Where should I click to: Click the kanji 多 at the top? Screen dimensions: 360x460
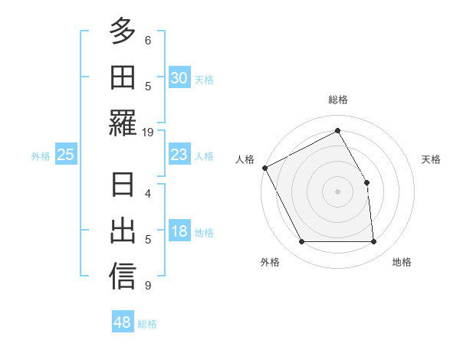tap(123, 32)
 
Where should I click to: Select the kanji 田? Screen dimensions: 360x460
tap(123, 77)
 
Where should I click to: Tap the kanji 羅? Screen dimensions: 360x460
tap(123, 123)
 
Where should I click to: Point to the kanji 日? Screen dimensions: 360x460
tap(123, 185)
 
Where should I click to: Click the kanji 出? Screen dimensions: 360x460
tap(123, 231)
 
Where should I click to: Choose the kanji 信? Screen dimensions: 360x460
tap(123, 276)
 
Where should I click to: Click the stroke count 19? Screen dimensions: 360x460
tap(148, 132)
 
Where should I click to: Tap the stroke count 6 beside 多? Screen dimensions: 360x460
tap(148, 40)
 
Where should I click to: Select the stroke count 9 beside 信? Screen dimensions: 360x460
tap(148, 286)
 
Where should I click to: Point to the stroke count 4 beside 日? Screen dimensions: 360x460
tap(148, 193)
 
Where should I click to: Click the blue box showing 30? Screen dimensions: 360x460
tap(179, 78)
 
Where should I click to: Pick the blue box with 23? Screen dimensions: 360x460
tap(179, 155)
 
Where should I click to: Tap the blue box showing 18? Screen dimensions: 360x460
tap(179, 232)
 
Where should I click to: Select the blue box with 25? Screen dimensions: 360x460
tap(65, 155)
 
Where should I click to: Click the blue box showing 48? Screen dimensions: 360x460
tap(122, 322)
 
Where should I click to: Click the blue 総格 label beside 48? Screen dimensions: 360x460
tap(147, 324)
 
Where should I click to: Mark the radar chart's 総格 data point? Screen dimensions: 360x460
tap(337, 131)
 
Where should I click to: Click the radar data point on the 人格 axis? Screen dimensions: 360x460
tap(264, 168)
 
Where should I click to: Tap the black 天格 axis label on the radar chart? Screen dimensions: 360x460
tap(432, 159)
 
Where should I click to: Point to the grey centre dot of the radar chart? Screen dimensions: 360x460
tap(337, 191)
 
